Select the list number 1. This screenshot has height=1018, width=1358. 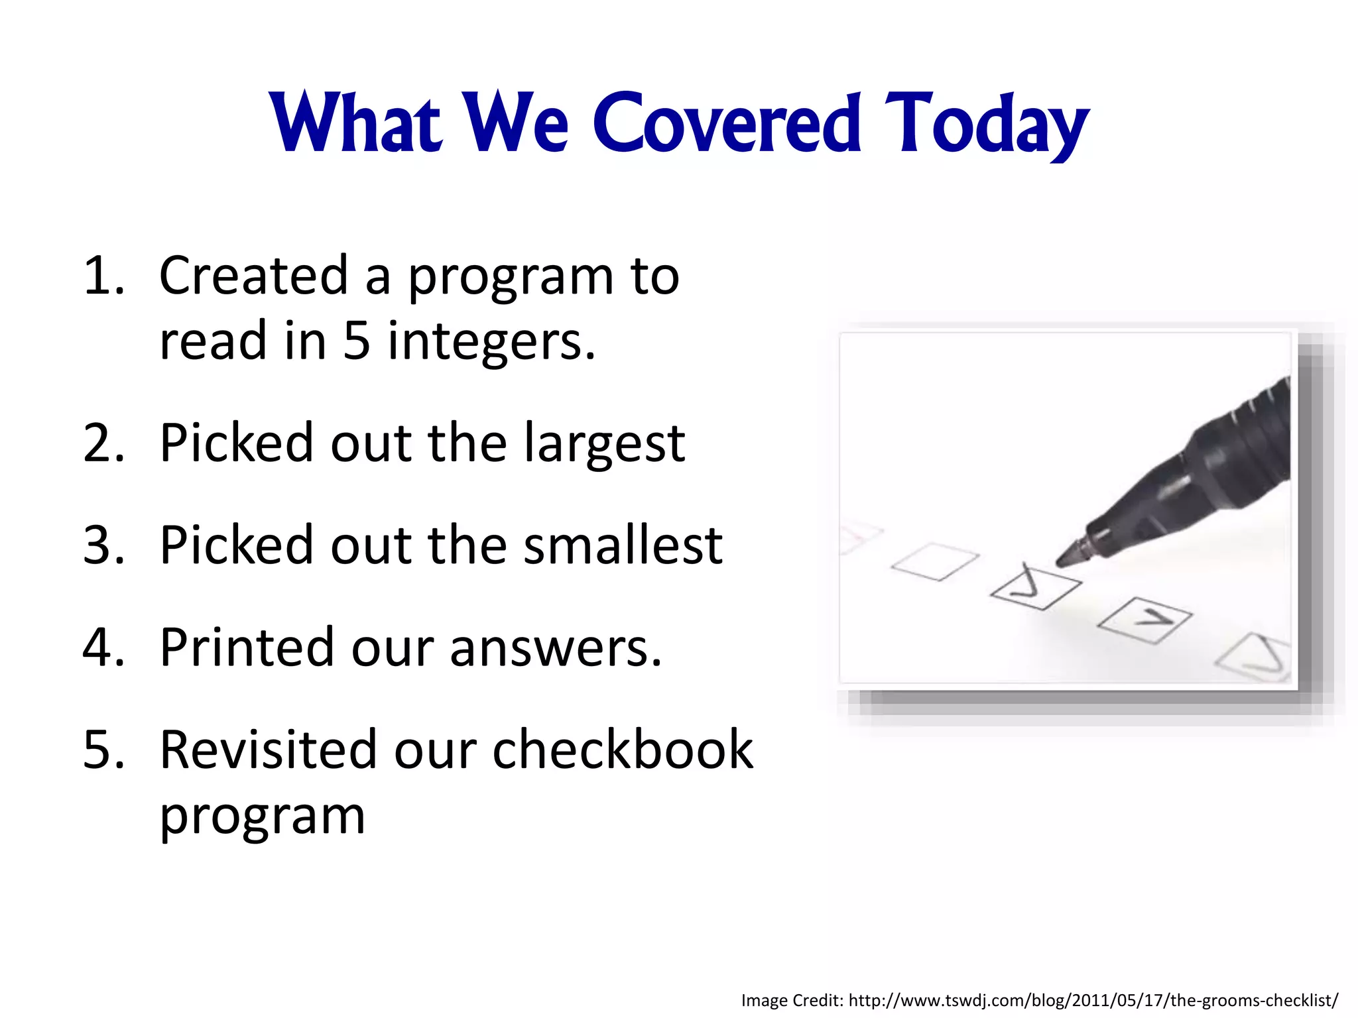tap(103, 276)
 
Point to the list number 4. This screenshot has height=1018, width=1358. tap(103, 648)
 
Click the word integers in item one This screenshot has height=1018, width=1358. tap(491, 342)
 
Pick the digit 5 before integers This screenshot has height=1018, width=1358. tap(356, 341)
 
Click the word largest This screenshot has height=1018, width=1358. tap(604, 444)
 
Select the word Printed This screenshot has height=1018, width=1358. tap(247, 648)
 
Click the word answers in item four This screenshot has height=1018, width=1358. tap(556, 648)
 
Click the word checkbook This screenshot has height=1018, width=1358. tap(623, 750)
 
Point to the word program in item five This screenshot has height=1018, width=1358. tap(263, 817)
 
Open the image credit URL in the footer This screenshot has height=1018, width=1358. tap(1093, 1000)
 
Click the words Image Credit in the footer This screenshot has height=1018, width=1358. tap(792, 1000)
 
